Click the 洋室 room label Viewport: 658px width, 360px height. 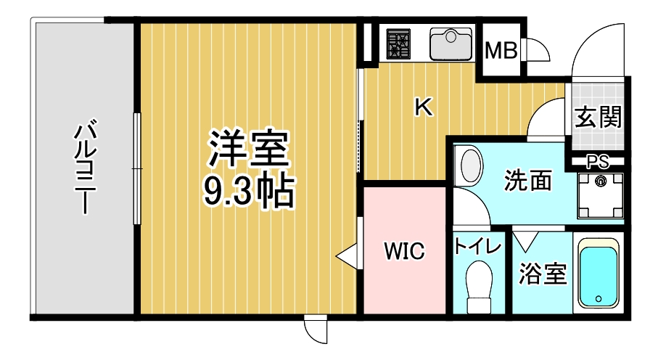pyautogui.click(x=250, y=149)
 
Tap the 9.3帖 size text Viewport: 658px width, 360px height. pyautogui.click(x=250, y=192)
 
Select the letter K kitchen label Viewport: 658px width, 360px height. pyautogui.click(x=424, y=107)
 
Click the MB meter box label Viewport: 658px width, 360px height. pyautogui.click(x=501, y=51)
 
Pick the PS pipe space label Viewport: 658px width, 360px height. pyautogui.click(x=598, y=162)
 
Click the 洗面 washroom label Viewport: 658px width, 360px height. pyautogui.click(x=528, y=181)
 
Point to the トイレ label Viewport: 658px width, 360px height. pyautogui.click(x=478, y=247)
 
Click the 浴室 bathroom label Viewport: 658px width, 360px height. pyautogui.click(x=543, y=273)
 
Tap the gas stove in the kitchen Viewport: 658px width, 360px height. pyautogui.click(x=398, y=44)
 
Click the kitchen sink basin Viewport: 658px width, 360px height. pyautogui.click(x=451, y=44)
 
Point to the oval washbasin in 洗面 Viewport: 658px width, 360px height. pyautogui.click(x=470, y=165)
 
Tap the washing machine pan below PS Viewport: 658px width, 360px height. pyautogui.click(x=600, y=195)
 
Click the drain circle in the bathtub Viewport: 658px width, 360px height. pyautogui.click(x=598, y=299)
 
